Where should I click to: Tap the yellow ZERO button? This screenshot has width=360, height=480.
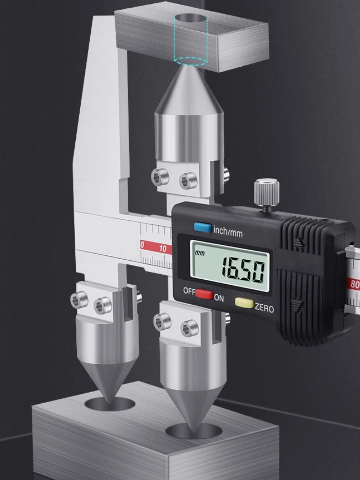tap(244, 302)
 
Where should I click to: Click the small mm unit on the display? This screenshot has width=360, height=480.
tap(199, 253)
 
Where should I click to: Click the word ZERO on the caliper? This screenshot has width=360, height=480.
tap(264, 308)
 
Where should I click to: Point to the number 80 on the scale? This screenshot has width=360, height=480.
tap(355, 285)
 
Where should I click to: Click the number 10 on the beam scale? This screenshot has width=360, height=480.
tap(163, 248)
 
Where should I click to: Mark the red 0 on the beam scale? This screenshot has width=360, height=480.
tap(142, 245)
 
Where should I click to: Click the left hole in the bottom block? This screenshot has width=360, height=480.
tap(110, 403)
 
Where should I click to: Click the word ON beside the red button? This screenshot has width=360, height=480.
tap(218, 298)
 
